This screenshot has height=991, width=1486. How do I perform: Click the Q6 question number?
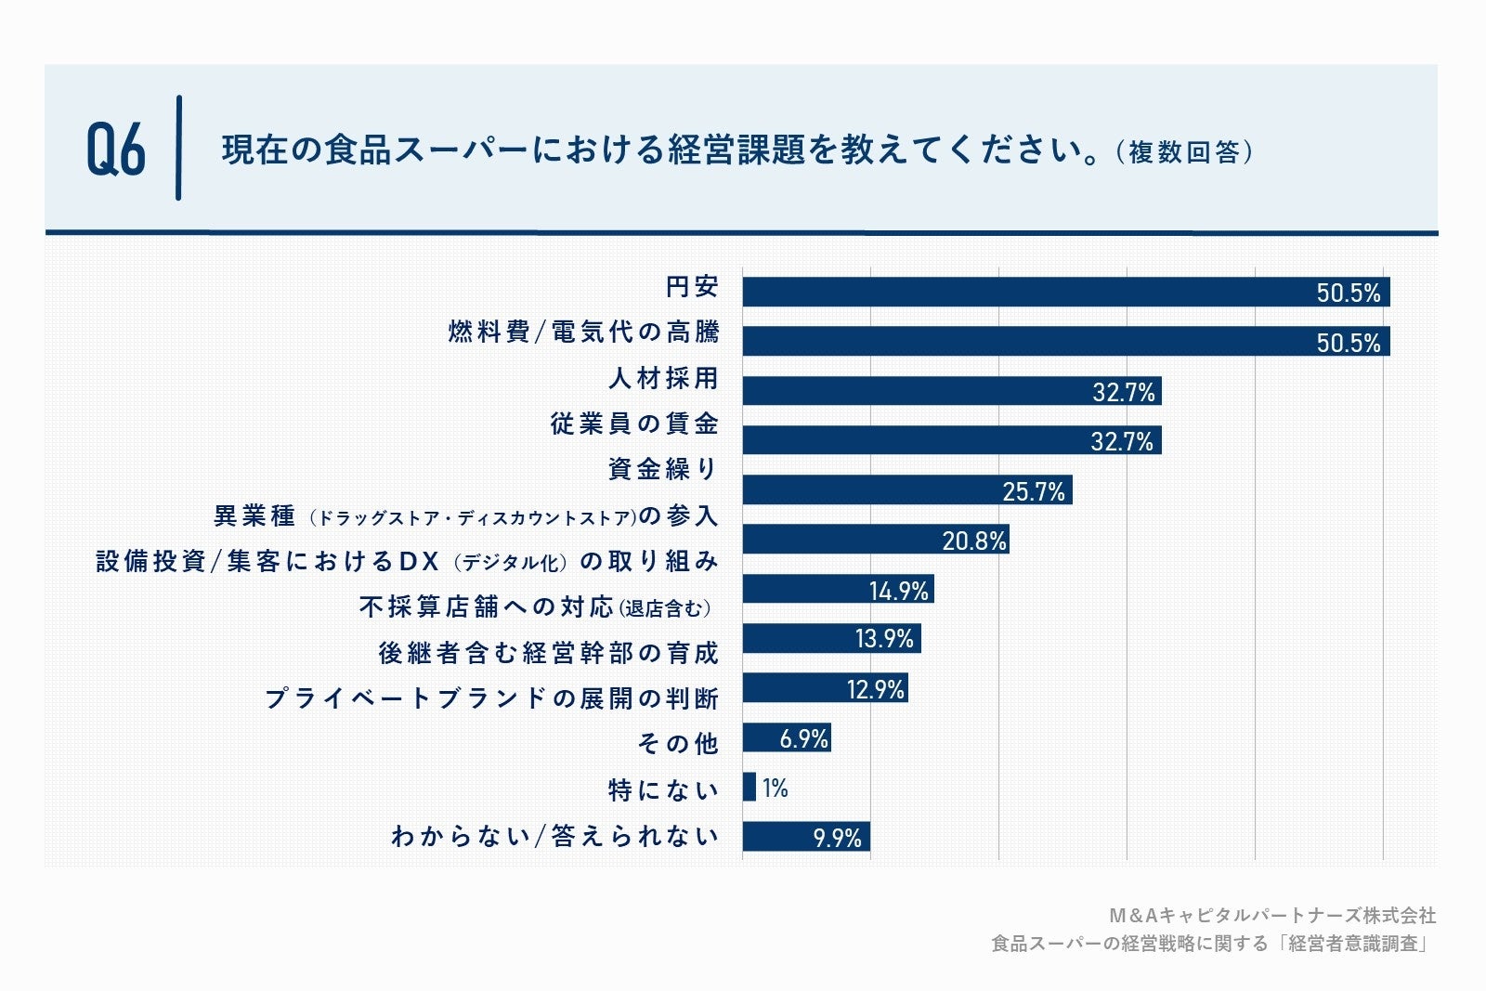(116, 150)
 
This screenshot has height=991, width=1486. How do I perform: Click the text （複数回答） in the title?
(1184, 151)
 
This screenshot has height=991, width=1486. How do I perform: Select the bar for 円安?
(1022, 292)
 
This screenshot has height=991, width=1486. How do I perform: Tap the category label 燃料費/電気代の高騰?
(583, 332)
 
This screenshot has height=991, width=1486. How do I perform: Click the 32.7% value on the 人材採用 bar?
(1123, 392)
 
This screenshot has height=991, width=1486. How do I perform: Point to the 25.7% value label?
(1033, 491)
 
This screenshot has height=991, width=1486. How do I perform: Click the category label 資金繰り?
(662, 469)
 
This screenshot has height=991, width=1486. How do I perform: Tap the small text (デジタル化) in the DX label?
(510, 563)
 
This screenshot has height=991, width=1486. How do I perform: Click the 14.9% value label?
(898, 591)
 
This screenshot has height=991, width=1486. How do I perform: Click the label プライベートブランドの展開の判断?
(491, 698)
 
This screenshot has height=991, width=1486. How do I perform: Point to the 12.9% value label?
(875, 689)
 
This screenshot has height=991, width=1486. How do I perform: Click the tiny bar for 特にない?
(749, 788)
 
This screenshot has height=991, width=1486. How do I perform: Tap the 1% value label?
(775, 789)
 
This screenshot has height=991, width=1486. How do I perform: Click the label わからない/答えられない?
(554, 836)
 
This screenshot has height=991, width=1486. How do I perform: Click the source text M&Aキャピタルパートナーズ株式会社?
(1272, 916)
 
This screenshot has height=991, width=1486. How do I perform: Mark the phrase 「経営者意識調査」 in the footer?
(1355, 944)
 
